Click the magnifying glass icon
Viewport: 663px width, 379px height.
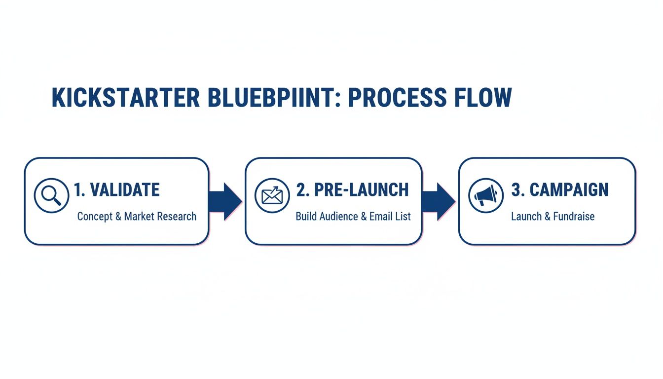[x=51, y=196]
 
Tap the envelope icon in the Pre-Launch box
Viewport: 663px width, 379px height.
[x=272, y=196]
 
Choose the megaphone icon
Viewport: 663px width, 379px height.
[x=485, y=196]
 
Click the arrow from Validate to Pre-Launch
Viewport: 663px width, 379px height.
[x=225, y=201]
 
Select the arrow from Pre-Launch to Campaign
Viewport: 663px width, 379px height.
[x=439, y=201]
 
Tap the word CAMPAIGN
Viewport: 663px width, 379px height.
[x=569, y=190]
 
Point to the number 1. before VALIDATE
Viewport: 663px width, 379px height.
[x=80, y=190]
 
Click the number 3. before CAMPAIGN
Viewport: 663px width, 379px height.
[x=517, y=190]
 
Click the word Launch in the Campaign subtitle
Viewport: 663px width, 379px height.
[x=526, y=216]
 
